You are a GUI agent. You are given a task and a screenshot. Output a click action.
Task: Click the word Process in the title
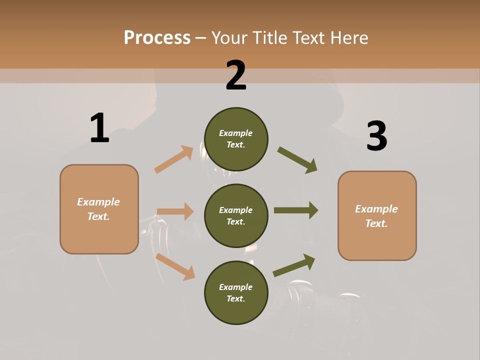pyautogui.click(x=157, y=38)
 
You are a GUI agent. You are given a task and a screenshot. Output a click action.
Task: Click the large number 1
pyautogui.click(x=99, y=128)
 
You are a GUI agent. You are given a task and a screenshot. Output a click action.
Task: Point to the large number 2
pyautogui.click(x=236, y=75)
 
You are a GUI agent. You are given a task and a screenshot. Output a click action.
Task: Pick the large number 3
pyautogui.click(x=376, y=136)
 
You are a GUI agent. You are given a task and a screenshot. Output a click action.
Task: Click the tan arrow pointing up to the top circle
pyautogui.click(x=174, y=159)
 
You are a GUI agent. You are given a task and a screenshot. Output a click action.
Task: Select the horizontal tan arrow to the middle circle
pyautogui.click(x=175, y=211)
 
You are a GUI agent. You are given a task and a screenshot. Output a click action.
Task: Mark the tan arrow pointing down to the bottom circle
pyautogui.click(x=175, y=266)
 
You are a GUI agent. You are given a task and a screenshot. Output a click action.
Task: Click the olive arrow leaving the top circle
pyautogui.click(x=297, y=160)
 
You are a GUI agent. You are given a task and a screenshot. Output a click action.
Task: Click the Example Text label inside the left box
pyautogui.click(x=98, y=209)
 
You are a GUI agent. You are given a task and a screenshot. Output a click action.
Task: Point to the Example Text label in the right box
pyautogui.click(x=376, y=216)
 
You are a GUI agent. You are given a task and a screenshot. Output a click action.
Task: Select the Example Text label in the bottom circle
pyautogui.click(x=236, y=292)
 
